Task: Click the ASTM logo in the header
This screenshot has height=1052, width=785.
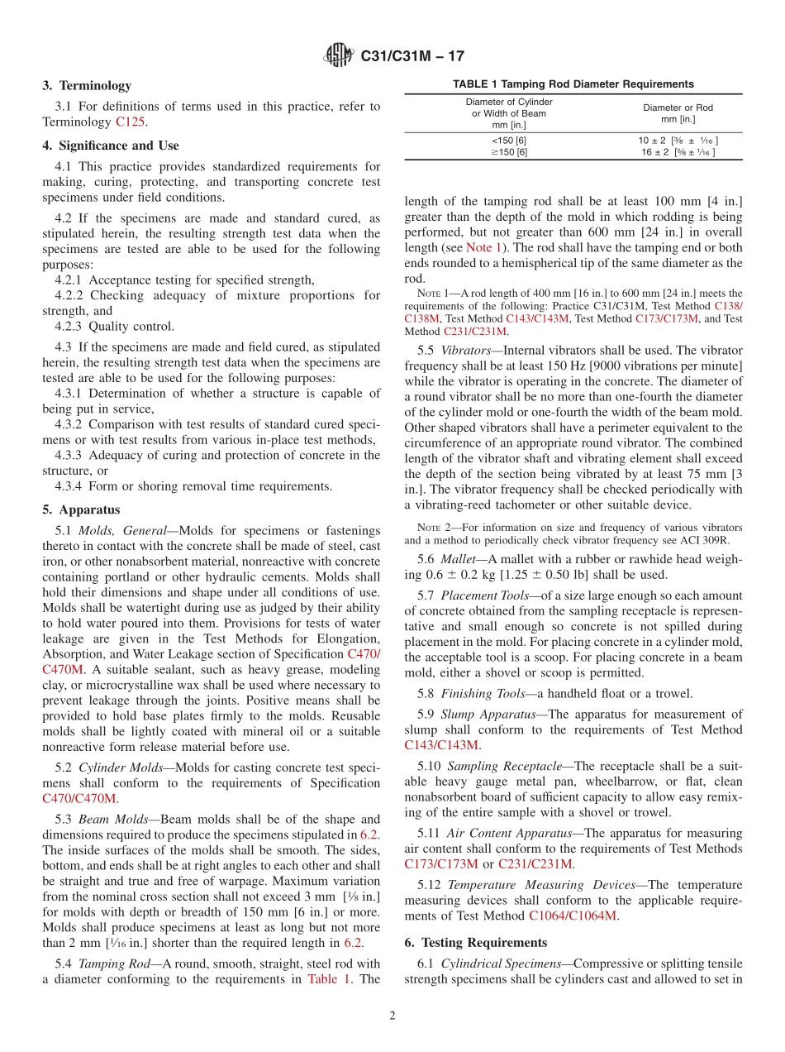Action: point(339,56)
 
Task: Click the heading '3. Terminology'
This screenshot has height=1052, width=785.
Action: point(86,85)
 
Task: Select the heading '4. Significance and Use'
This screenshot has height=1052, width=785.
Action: point(110,146)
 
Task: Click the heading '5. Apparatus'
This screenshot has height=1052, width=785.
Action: point(81,509)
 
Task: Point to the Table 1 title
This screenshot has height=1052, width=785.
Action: point(573,84)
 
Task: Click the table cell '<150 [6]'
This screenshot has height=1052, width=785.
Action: point(508,141)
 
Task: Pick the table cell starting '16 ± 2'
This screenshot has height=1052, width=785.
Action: point(678,152)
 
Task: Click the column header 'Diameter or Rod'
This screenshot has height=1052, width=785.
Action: point(678,108)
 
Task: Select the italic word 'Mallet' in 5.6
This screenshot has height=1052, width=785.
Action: point(458,559)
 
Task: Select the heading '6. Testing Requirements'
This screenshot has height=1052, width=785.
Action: point(475,943)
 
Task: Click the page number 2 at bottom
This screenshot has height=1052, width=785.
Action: point(392,1016)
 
